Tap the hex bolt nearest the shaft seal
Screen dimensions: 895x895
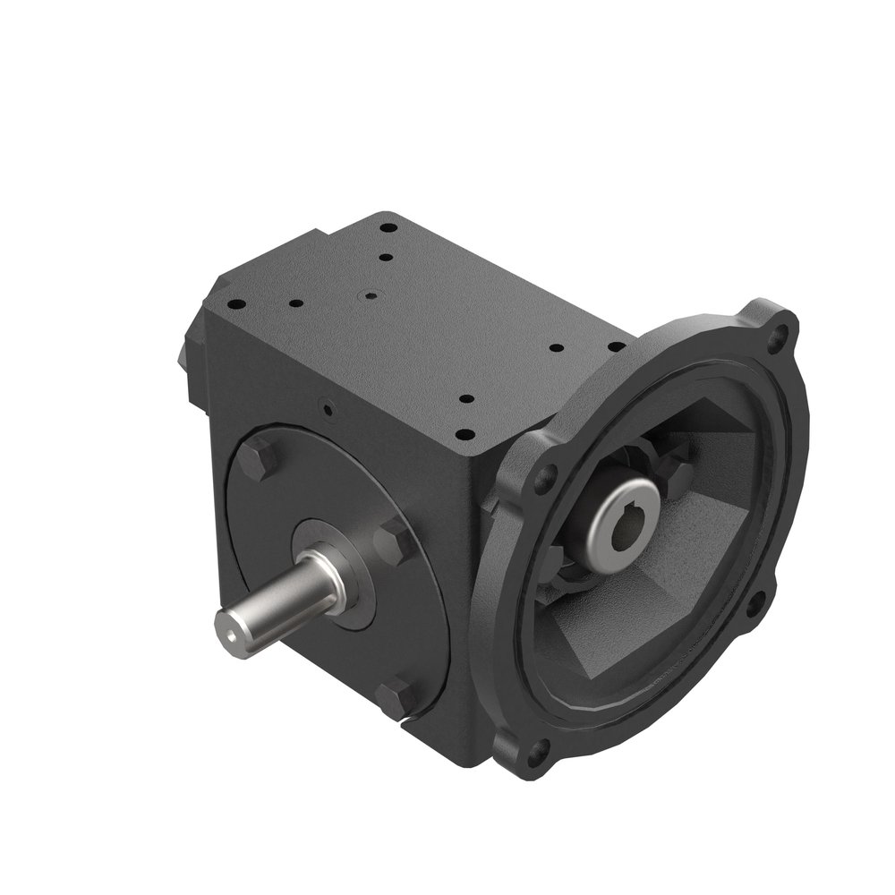click(x=392, y=541)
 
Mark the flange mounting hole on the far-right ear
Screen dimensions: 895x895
click(x=758, y=601)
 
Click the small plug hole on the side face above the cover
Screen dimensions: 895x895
click(x=328, y=410)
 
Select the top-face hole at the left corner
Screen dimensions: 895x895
click(x=235, y=305)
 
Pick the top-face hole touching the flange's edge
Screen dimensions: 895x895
click(x=616, y=345)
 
